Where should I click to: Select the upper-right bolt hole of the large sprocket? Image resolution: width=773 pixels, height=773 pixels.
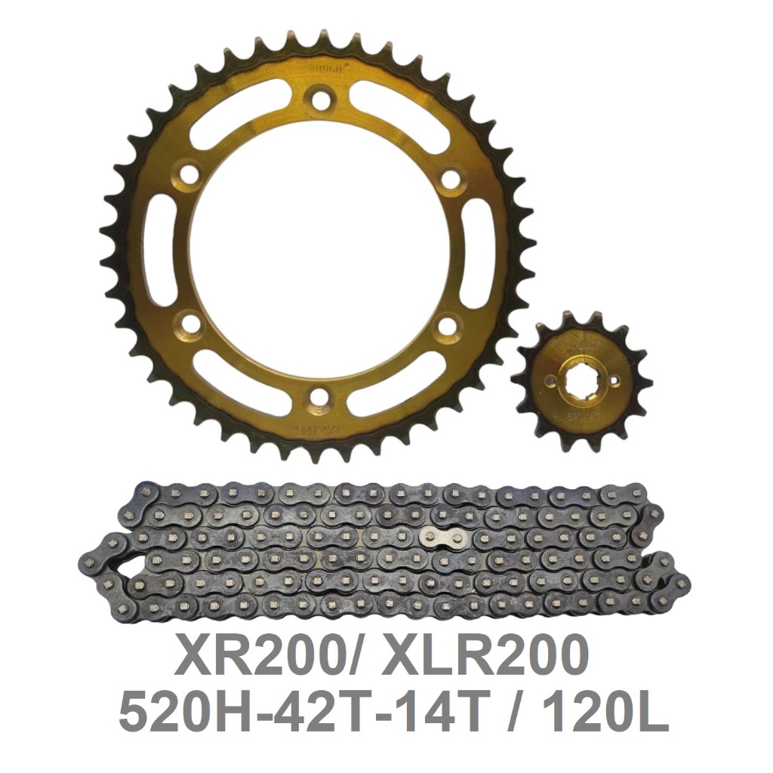tap(450, 179)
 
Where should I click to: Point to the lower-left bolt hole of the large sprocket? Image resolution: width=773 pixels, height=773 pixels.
tap(192, 325)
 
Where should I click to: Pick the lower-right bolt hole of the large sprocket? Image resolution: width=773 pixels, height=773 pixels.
tap(447, 326)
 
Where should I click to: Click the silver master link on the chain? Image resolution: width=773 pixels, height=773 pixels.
tap(442, 537)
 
